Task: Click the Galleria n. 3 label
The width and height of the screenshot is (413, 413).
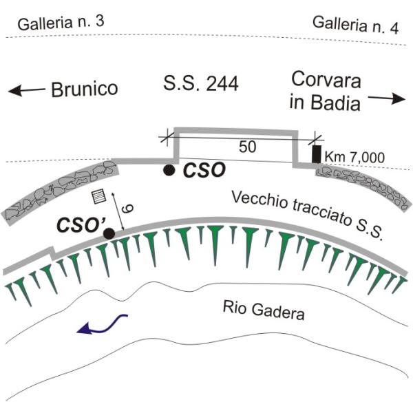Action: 61,22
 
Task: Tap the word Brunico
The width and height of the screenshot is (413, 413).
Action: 85,89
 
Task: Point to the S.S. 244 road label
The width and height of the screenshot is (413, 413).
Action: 201,85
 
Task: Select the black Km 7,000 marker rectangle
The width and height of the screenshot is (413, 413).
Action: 316,154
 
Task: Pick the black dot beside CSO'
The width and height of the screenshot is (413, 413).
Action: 109,234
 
